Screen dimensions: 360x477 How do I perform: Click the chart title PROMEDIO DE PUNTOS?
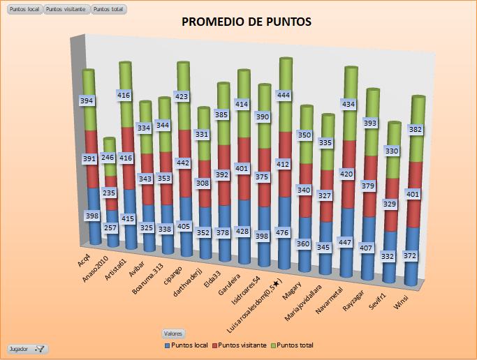[x=246, y=22]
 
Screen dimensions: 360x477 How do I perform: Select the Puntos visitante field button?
[x=66, y=10]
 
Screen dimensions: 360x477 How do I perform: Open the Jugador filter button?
[x=27, y=348]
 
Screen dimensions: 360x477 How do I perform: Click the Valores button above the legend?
[x=171, y=333]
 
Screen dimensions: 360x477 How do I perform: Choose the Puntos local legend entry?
[x=187, y=345]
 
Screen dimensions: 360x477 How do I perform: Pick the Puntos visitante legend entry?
[x=243, y=345]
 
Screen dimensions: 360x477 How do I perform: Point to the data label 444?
[x=285, y=95]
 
